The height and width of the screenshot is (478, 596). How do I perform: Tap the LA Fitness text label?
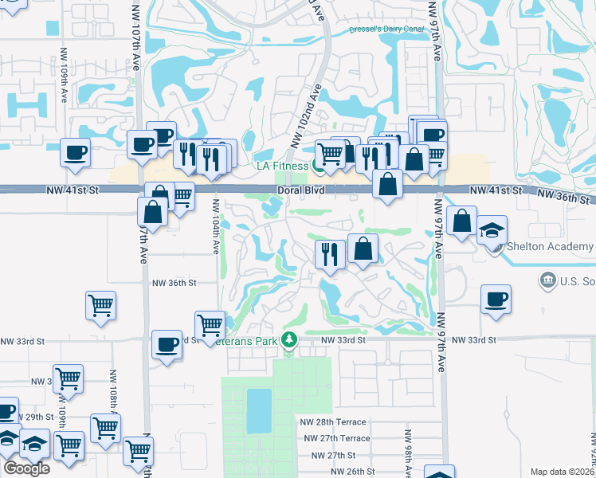coord(281,166)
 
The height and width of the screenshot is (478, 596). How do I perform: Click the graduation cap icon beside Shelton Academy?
coord(492,230)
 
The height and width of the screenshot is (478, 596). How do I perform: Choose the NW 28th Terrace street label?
coord(333,422)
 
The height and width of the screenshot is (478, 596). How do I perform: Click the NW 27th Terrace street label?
coord(337,438)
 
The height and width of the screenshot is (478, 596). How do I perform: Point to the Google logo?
coord(26,468)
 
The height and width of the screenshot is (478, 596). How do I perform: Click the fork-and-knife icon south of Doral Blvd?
coord(329,254)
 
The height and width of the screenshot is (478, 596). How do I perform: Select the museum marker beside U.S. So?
coord(547,280)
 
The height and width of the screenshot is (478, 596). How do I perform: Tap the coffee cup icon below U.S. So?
coord(496,299)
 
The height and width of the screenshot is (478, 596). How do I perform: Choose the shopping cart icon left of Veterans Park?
coord(210,324)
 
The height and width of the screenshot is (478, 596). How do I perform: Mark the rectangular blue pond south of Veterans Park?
coord(258,411)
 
